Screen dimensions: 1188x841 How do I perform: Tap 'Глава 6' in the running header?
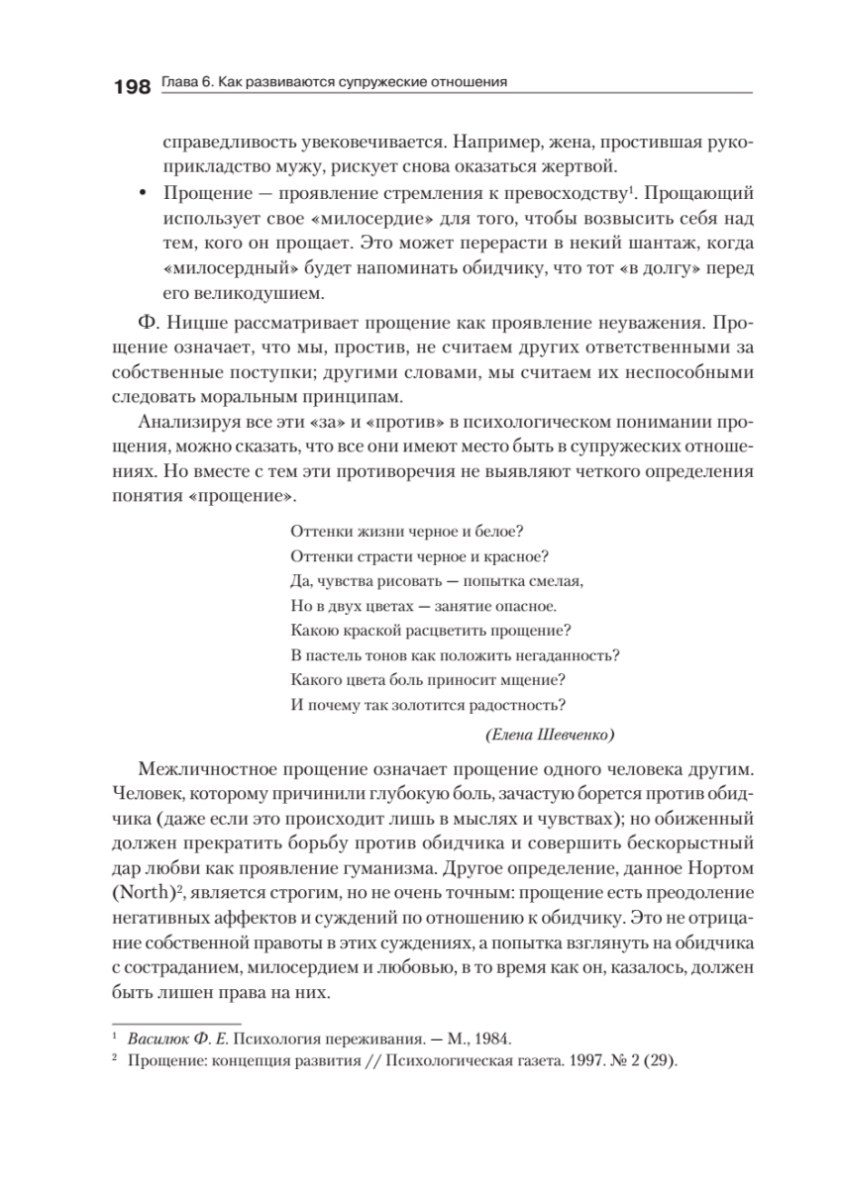(183, 83)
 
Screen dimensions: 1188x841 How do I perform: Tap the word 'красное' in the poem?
(516, 555)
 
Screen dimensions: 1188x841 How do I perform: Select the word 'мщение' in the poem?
(534, 679)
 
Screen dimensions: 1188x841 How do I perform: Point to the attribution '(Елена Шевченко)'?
(552, 735)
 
